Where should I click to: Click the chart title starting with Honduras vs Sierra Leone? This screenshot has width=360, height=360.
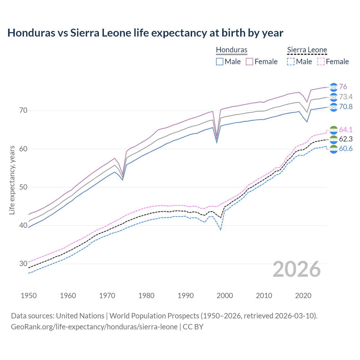(x=145, y=33)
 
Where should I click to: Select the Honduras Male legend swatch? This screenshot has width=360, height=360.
(x=220, y=62)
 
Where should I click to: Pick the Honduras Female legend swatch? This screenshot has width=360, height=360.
(x=249, y=62)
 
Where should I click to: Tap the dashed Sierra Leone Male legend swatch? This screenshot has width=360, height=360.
(x=291, y=62)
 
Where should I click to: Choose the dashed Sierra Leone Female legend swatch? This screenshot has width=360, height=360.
(x=321, y=62)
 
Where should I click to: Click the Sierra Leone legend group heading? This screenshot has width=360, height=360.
(x=307, y=50)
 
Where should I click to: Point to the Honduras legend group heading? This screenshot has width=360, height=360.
(x=231, y=50)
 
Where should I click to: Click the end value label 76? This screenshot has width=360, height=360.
(x=343, y=87)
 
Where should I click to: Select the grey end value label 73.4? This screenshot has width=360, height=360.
(x=346, y=97)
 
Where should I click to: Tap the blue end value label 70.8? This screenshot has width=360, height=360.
(x=346, y=107)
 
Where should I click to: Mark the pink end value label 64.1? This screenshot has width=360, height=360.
(x=346, y=130)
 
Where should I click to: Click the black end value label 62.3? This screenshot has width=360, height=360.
(x=346, y=139)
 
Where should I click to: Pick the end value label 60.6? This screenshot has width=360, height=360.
(x=346, y=149)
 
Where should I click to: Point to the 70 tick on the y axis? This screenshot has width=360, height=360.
(x=23, y=110)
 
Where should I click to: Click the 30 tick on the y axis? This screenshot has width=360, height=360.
(x=23, y=264)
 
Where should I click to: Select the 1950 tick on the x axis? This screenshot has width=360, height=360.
(x=29, y=296)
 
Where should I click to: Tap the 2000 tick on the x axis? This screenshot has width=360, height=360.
(x=225, y=296)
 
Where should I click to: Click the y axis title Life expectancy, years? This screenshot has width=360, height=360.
(x=12, y=180)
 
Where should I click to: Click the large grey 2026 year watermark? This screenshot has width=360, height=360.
(x=297, y=269)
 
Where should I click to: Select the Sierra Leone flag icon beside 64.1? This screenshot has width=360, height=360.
(x=334, y=130)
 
